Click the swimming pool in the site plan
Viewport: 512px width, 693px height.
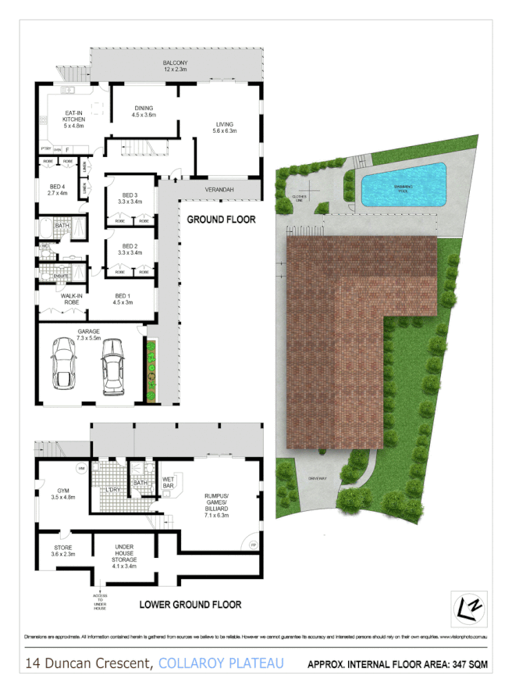pyautogui.click(x=403, y=185)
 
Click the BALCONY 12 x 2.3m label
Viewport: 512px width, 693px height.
pyautogui.click(x=175, y=66)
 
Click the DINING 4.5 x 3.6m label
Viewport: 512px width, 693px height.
pyautogui.click(x=143, y=112)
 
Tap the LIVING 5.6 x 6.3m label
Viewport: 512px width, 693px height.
pyautogui.click(x=226, y=128)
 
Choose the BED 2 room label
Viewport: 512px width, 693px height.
pyautogui.click(x=130, y=249)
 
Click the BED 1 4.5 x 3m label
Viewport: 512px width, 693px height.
pyautogui.click(x=122, y=300)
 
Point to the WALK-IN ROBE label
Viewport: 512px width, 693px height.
pyautogui.click(x=61, y=299)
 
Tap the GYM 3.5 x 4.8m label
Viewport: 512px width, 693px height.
pyautogui.click(x=62, y=493)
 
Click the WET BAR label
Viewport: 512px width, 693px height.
pyautogui.click(x=167, y=484)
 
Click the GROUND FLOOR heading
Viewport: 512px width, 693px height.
pyautogui.click(x=221, y=220)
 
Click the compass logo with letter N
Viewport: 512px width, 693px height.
pyautogui.click(x=469, y=609)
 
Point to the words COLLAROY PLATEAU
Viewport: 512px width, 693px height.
pyautogui.click(x=221, y=663)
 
